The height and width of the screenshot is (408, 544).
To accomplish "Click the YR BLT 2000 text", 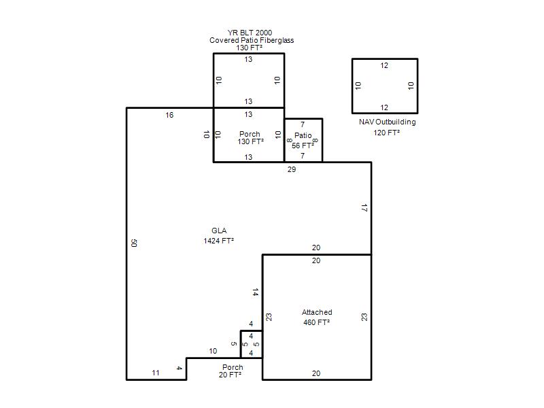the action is coord(250,33).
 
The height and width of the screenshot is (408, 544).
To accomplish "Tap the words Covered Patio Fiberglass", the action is coord(252,40).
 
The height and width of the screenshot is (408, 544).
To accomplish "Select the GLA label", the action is coord(219,231).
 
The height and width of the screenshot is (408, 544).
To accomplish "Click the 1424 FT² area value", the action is coord(218,241).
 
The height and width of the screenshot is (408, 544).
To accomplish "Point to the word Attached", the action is coord(317,312).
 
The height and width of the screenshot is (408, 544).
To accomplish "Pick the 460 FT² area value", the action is coord(316,322).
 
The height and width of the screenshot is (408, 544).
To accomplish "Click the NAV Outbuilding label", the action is coord(387,122).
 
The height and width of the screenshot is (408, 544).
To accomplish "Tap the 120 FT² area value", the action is coord(386,133).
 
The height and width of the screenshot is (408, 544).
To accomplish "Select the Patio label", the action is coord(303,135).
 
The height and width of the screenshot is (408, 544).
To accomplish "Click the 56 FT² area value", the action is coord(303,146).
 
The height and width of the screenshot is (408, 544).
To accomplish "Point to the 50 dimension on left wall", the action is coord(134,243).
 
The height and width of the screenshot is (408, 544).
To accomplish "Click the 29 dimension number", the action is coord(292,169).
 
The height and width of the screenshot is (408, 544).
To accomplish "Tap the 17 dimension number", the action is coord(364,208).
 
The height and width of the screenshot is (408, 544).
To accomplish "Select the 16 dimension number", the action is coord(169,115).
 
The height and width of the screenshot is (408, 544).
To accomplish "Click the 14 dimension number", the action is coord(256,292).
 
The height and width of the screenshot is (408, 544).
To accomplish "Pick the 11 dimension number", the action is coord(156,373).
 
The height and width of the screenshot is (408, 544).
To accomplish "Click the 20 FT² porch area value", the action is coord(230,375).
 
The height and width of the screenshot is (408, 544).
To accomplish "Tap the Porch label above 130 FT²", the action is coord(250,134).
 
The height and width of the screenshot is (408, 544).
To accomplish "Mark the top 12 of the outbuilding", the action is coord(384,65).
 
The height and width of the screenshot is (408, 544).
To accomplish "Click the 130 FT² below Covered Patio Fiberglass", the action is coord(250,48).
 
